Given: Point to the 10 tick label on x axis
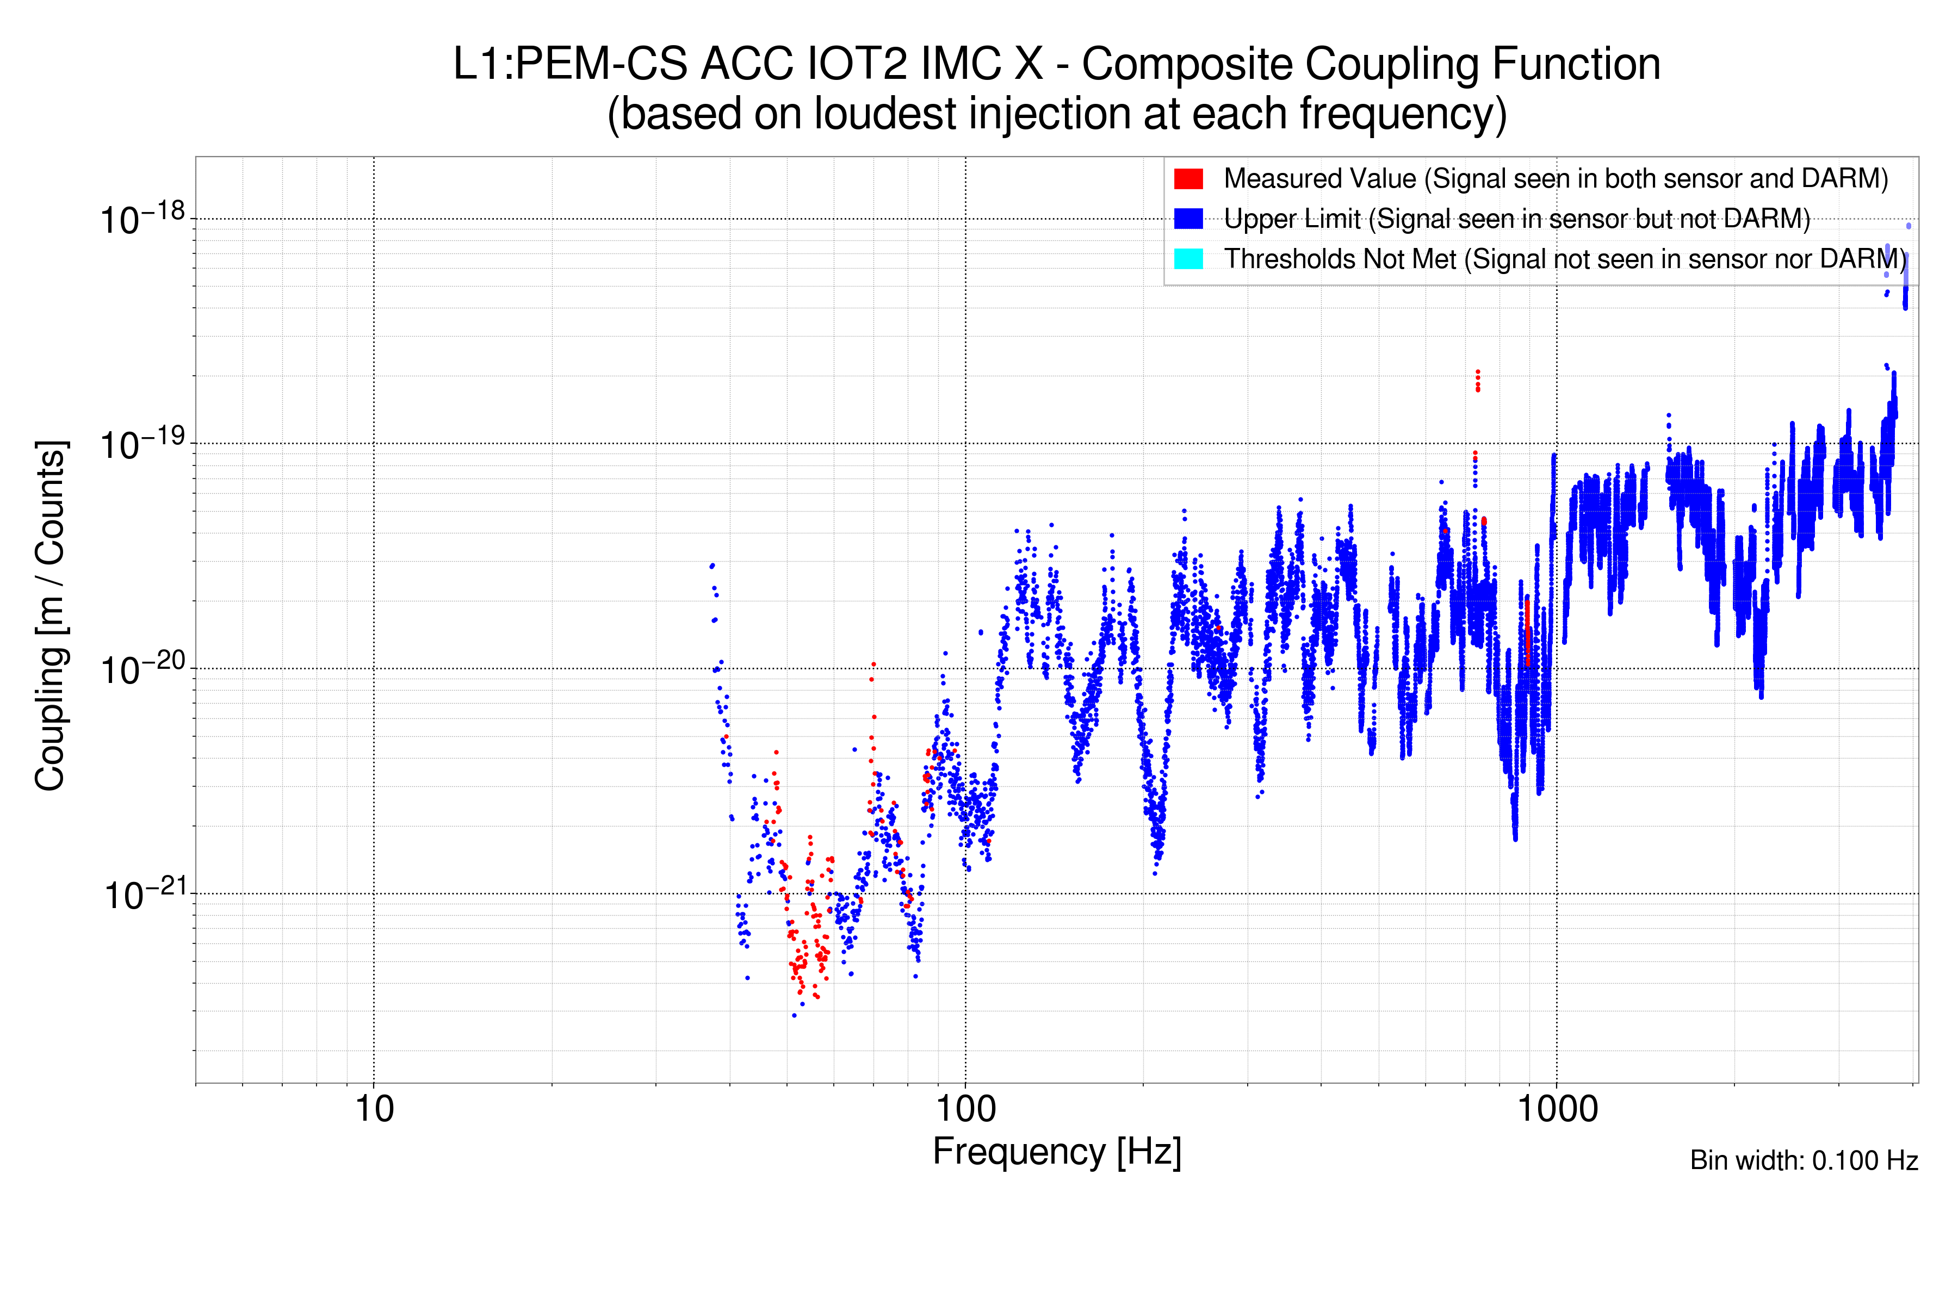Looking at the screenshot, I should (x=374, y=1109).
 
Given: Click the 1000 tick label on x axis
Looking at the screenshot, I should (x=1557, y=1109).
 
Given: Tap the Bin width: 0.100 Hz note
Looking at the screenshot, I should (x=1803, y=1160).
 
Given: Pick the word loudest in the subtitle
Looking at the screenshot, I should (x=884, y=114).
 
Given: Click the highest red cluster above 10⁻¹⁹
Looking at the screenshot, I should (x=1478, y=380).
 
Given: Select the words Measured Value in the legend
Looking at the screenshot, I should (x=1319, y=179).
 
